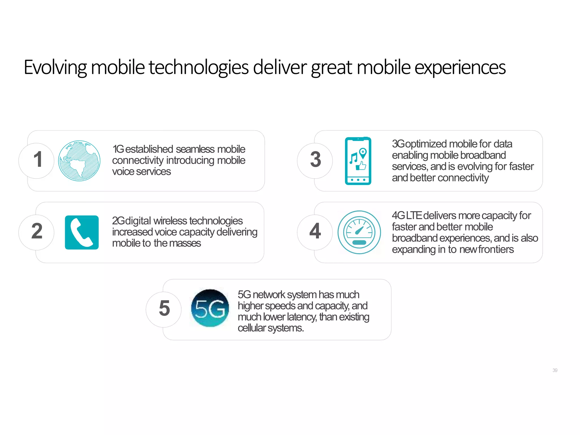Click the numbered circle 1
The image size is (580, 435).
[37, 160]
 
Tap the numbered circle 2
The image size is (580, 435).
[37, 232]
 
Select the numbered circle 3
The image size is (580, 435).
[315, 160]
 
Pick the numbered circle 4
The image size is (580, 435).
[315, 232]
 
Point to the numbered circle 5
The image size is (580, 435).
[164, 309]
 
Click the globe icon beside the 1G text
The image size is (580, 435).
[79, 161]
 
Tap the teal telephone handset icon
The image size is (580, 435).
[82, 232]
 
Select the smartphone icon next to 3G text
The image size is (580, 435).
[358, 161]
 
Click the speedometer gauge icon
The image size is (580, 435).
[359, 232]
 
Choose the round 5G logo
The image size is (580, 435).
[210, 308]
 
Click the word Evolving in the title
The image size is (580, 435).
[55, 67]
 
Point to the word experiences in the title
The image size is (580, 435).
[460, 67]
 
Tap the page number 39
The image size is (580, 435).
[555, 370]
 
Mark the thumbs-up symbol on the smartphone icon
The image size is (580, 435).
[361, 166]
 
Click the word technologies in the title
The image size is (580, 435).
[199, 67]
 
